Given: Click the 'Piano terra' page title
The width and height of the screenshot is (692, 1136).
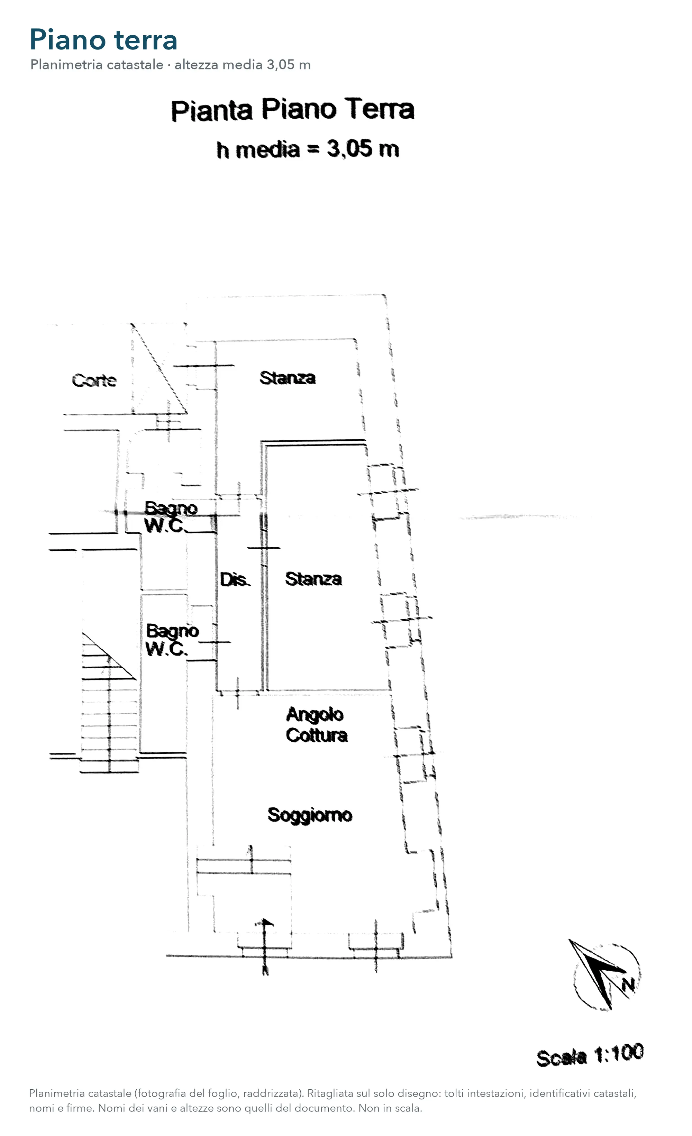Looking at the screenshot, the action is [103, 40].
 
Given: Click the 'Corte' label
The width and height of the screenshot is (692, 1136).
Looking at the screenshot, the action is [94, 381].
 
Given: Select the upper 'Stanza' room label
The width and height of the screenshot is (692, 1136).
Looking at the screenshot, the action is [287, 378].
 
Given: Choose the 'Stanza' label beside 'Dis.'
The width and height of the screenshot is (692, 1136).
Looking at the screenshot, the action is [313, 579].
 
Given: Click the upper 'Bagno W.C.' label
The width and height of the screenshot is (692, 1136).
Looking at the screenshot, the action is [171, 517].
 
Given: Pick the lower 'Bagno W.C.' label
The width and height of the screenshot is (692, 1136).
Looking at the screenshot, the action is [172, 640].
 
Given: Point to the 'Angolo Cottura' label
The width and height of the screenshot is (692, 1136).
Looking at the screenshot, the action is [316, 725].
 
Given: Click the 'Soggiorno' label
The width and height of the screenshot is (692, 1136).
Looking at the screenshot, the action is [310, 815].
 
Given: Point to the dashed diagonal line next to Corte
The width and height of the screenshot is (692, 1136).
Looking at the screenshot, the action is [159, 368].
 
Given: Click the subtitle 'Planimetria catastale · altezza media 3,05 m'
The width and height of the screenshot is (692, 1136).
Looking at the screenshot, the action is [171, 65].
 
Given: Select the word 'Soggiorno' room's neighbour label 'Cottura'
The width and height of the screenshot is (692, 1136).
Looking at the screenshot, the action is [316, 735].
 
